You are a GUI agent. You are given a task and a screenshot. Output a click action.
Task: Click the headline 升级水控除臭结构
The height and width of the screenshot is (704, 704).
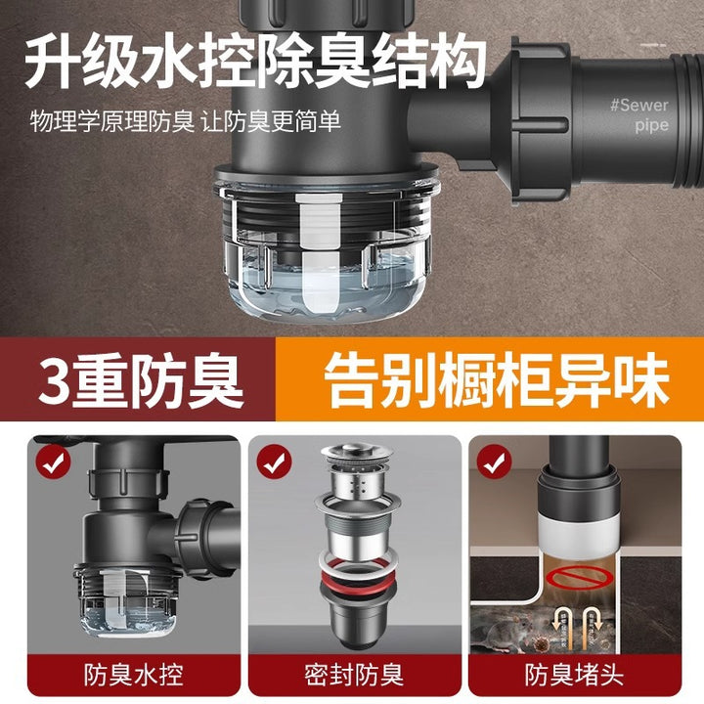point(256,62)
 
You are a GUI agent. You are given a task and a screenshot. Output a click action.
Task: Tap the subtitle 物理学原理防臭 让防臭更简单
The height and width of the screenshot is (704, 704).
point(186,121)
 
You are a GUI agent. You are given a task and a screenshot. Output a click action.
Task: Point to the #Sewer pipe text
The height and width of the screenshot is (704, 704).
point(639,114)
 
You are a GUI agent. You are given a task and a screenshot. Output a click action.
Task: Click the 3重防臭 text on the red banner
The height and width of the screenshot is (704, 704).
point(141,379)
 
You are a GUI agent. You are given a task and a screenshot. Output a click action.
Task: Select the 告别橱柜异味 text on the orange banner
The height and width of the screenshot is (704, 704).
point(497,379)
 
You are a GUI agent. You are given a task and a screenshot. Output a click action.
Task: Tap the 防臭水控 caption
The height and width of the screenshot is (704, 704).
point(133,675)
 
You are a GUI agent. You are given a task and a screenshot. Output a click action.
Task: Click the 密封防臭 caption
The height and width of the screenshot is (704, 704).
point(354,675)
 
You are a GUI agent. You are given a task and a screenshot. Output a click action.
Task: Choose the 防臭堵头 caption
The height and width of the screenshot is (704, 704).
point(575,675)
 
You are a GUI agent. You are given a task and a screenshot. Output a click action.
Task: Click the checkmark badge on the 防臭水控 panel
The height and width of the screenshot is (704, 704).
point(54,462)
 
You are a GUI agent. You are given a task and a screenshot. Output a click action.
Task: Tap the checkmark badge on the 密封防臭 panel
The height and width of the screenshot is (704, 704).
point(274,462)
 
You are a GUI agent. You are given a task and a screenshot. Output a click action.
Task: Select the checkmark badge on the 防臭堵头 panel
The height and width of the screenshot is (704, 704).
point(495,462)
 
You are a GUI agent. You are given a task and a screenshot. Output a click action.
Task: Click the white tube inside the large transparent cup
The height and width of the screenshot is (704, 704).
point(320,253)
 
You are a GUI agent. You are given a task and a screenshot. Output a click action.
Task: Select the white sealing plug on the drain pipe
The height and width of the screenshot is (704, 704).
point(578,535)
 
